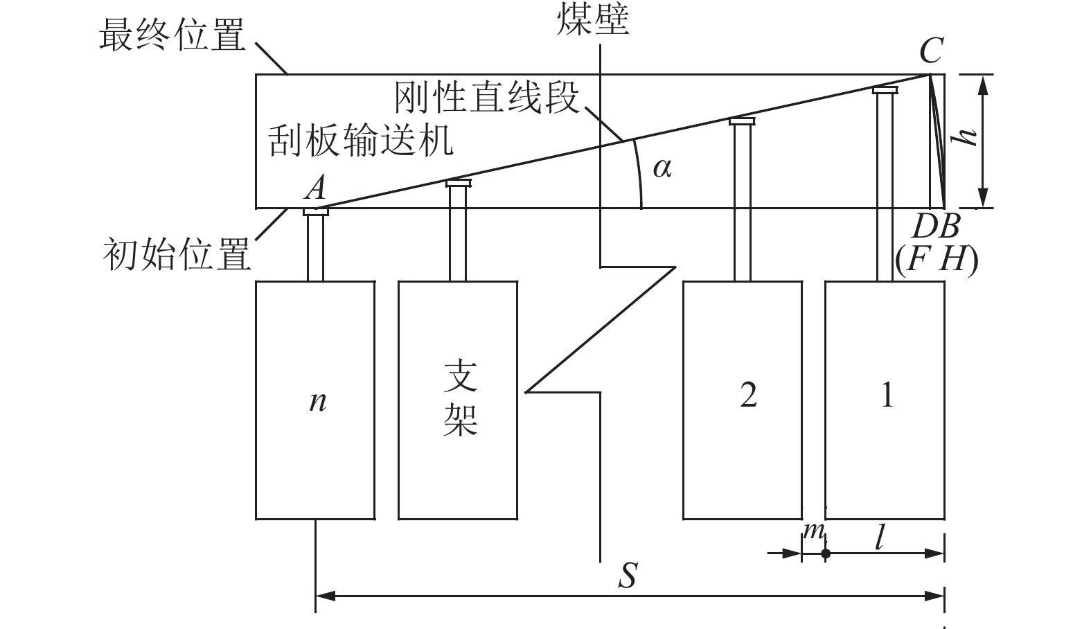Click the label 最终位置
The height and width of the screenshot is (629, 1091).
point(172,35)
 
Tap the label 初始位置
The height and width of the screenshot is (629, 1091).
point(176,254)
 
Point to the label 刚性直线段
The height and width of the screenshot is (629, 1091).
point(486,98)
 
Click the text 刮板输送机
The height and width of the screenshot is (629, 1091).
point(360,141)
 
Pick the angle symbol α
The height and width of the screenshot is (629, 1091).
point(662,167)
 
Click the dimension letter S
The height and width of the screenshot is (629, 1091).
point(628,575)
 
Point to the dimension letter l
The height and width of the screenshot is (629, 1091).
point(878,538)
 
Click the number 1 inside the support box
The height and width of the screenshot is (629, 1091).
point(887,396)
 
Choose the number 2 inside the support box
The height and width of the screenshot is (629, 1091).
point(748,396)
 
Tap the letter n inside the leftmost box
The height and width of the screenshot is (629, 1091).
point(317,400)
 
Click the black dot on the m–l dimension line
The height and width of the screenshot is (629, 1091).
point(826,553)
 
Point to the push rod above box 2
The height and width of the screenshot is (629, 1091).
point(743,201)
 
